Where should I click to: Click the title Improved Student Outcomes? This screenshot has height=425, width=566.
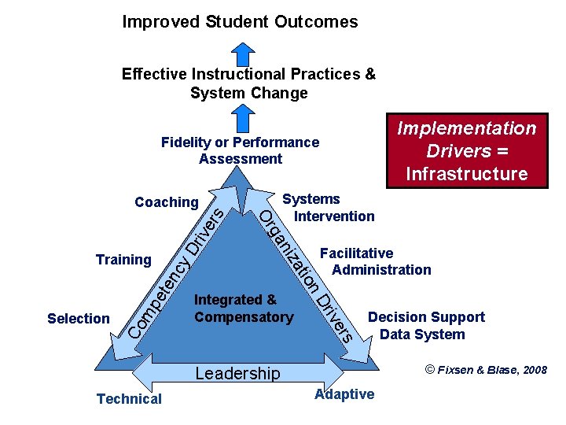pos(240,22)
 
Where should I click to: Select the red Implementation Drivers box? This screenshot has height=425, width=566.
pos(466,150)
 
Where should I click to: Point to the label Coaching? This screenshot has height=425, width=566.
pos(167,202)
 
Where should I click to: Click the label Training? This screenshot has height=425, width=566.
pos(123,260)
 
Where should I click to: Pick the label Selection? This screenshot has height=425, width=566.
pos(79,319)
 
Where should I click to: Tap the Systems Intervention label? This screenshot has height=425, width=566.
pos(329,208)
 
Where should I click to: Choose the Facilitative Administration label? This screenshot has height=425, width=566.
pos(376,261)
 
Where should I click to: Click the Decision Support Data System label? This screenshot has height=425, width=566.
pos(426,326)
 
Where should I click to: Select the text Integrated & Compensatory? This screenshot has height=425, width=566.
pos(243,309)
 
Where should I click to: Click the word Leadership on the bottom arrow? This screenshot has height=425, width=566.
pos(237,374)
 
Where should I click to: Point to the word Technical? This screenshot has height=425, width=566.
pos(129,399)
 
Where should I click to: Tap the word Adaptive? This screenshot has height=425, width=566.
pos(344,394)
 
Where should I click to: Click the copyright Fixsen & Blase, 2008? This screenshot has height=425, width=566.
pos(486,370)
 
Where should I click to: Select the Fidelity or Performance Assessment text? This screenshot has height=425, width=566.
pos(240,150)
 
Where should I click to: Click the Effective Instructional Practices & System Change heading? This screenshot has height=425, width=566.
pos(248,83)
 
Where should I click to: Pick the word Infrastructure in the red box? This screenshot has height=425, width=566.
pos(466,173)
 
